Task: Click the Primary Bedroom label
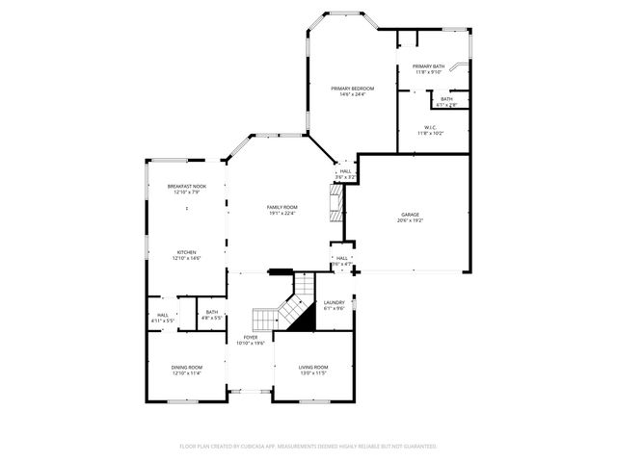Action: coord(349,89)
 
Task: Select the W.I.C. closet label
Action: coord(430,127)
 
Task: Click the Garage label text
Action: coord(411,214)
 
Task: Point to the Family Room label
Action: coord(282,207)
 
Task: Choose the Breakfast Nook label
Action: coord(186,186)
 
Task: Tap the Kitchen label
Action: coord(186,252)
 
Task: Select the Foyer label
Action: coord(251,337)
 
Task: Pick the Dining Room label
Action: coord(186,367)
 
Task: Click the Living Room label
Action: coord(312,367)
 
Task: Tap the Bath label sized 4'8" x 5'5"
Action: coord(212,312)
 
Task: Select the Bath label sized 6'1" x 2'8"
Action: coord(446,98)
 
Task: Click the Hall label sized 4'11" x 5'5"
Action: coord(162,315)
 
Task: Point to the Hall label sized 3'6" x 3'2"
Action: coord(345,172)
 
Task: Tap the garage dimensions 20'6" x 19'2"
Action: coord(411,220)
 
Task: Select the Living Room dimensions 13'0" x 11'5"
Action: coord(312,373)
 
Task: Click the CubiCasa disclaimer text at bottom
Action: coord(308,447)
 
